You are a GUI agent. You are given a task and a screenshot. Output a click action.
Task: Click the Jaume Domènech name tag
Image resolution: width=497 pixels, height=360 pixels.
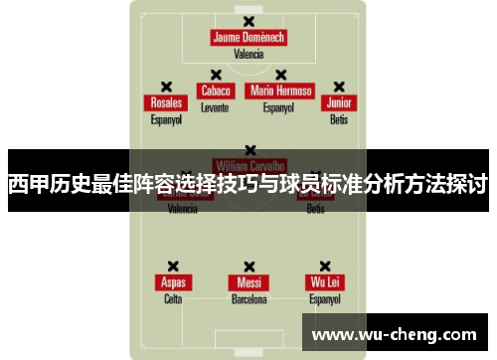[248, 38]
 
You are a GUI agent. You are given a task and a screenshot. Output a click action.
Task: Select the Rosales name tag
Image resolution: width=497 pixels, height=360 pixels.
[166, 103]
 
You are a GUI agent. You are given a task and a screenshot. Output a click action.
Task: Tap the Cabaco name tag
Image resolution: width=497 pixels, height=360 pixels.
[215, 90]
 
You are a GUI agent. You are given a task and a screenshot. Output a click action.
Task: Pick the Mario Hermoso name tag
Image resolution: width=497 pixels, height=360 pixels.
[280, 90]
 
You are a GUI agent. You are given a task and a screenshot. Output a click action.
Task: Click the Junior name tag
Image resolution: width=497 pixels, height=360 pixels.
[339, 103]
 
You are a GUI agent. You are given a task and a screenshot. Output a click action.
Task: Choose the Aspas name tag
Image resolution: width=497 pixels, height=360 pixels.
[173, 282]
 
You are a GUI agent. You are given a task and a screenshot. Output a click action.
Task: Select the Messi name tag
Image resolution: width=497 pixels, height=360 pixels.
[248, 282]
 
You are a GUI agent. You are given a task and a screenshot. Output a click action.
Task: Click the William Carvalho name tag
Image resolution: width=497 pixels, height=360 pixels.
[248, 165]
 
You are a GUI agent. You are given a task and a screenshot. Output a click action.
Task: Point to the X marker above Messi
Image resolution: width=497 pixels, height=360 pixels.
[248, 266]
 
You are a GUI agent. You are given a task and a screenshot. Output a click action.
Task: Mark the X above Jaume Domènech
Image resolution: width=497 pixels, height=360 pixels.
[248, 21]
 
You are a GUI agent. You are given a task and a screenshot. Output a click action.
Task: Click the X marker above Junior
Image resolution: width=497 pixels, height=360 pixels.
[339, 87]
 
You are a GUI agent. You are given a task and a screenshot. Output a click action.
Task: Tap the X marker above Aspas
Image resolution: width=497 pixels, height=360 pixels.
[173, 266]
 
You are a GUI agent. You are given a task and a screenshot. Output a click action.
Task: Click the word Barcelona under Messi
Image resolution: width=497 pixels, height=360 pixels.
[248, 298]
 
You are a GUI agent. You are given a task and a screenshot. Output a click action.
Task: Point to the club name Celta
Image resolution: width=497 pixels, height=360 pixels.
[173, 298]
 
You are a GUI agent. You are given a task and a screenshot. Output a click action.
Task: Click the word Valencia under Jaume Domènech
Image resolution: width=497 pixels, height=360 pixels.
[248, 55]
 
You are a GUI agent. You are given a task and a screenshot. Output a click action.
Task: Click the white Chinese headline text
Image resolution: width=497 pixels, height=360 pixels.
[248, 185]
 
